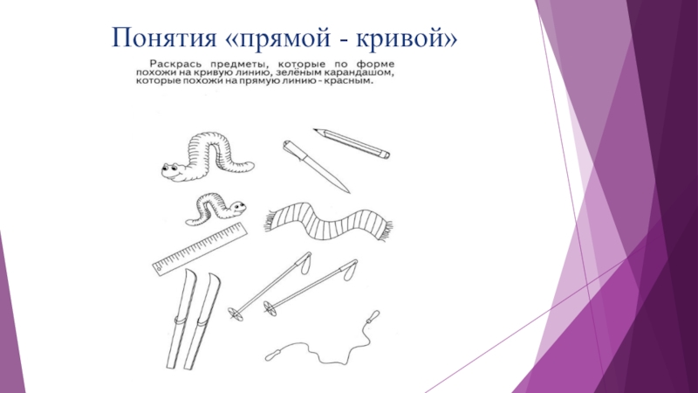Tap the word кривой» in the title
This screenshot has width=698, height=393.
coord(407,38)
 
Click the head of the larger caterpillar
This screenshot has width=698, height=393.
coord(174,171)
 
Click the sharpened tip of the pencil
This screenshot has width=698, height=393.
coord(316,130)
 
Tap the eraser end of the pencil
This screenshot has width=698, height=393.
coord(385,155)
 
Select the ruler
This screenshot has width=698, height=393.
coord(200,249)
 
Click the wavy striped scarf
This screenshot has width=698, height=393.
coord(329,222)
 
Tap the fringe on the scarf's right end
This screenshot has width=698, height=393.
coord(386,231)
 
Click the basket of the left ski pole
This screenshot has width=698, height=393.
coord(235,314)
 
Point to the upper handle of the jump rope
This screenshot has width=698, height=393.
coord(373,316)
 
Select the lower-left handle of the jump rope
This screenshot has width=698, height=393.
coord(272,355)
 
